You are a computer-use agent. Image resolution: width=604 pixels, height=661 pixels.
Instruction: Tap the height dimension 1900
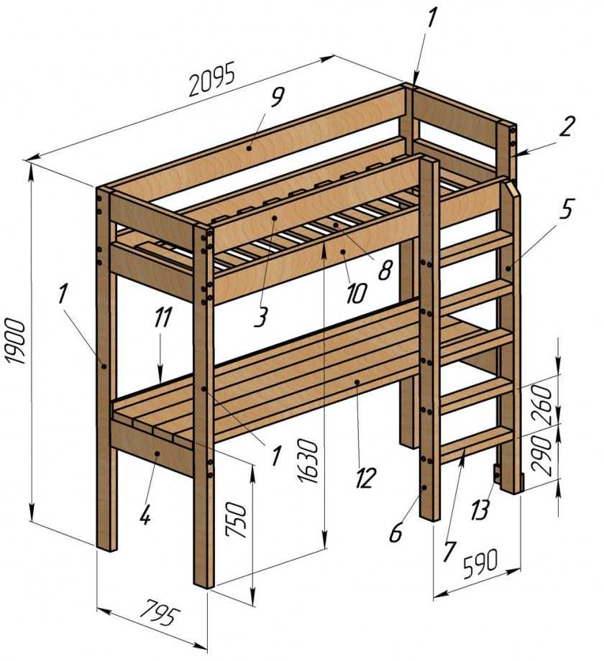(17, 341)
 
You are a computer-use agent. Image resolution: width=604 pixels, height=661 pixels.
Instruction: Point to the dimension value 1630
(308, 461)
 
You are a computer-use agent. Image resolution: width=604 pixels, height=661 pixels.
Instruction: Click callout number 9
(277, 97)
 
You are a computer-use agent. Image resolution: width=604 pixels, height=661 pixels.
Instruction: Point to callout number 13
(480, 510)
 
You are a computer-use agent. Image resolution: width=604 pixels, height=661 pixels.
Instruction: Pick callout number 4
(145, 514)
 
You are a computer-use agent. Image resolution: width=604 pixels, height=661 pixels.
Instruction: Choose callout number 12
(365, 479)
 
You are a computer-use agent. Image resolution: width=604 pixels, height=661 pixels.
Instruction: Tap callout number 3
(261, 318)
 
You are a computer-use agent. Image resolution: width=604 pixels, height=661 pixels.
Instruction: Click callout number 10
(357, 293)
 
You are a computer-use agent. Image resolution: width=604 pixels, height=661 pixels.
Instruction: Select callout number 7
(449, 551)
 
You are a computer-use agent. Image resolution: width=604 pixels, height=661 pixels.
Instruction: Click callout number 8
(385, 270)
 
